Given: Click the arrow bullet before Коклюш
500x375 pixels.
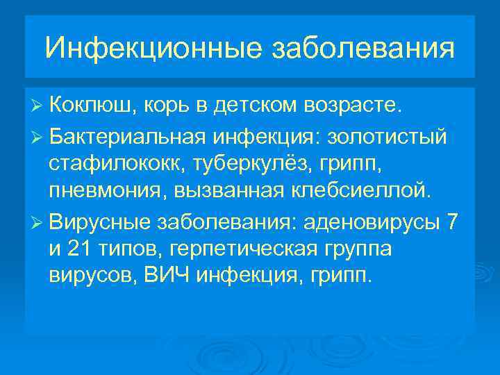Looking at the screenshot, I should (38, 106).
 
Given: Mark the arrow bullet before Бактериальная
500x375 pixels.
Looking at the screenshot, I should (38, 137).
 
